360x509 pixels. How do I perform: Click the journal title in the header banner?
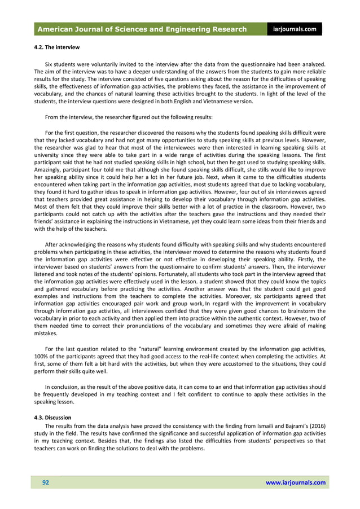(142, 29)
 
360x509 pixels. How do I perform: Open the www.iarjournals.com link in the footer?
(295, 482)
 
